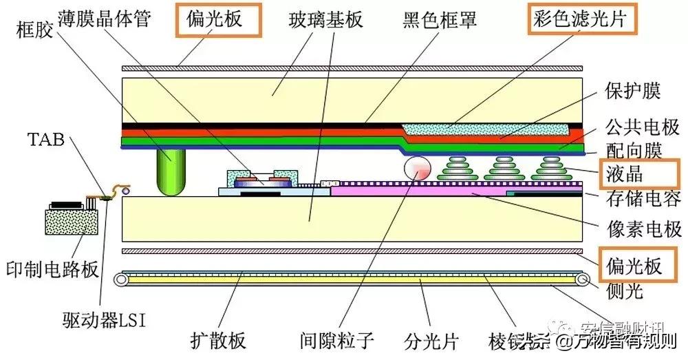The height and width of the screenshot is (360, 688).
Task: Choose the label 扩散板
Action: (x=218, y=340)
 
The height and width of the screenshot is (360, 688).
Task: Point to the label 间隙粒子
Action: (x=337, y=340)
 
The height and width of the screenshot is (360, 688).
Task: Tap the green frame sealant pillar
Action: (x=171, y=173)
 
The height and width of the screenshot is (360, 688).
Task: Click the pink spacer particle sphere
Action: (x=417, y=169)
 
